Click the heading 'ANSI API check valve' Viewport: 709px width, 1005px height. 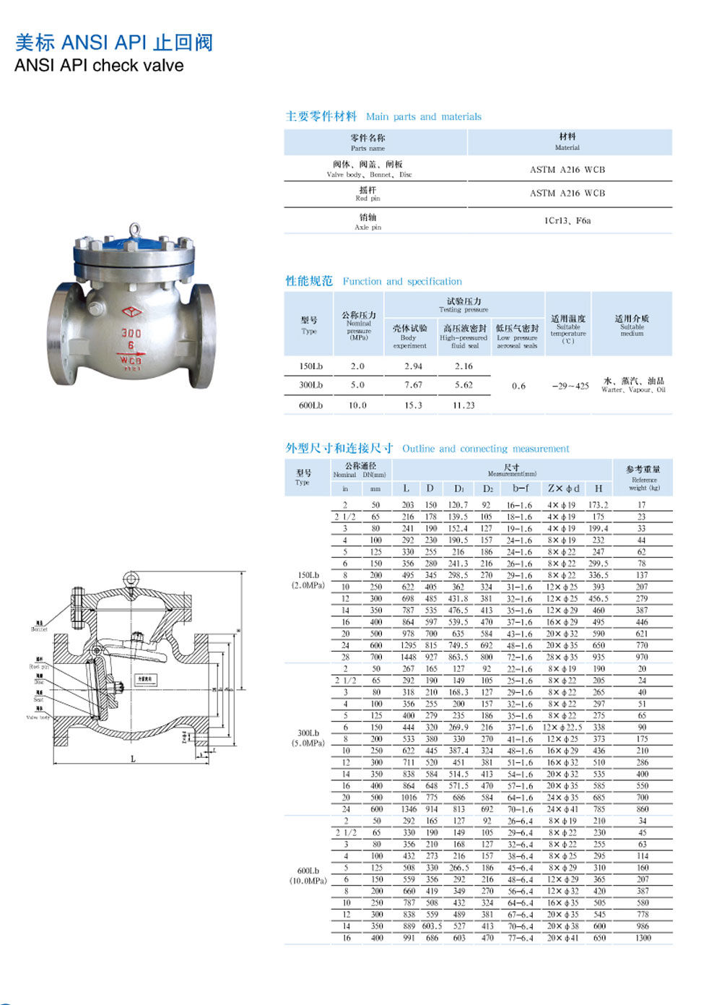point(99,66)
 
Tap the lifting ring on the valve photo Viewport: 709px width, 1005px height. point(134,230)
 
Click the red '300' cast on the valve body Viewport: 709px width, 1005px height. point(131,333)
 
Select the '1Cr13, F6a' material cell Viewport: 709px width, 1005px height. point(567,220)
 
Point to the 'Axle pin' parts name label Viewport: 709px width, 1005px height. point(367,227)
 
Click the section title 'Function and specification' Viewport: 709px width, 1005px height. point(402,281)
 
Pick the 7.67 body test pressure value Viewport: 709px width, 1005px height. point(413,385)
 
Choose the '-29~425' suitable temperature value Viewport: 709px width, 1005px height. point(570,386)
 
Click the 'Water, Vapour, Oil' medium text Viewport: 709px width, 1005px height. point(633,389)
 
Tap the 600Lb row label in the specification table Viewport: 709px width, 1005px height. point(310,405)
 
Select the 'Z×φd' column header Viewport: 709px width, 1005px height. point(563,488)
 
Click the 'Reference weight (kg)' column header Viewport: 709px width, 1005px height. point(644,483)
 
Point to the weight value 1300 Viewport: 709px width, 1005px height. point(643,938)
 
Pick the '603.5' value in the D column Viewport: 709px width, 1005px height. point(432,926)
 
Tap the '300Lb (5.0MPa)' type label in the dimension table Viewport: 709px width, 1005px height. point(308,738)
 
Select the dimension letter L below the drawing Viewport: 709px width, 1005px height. point(133,758)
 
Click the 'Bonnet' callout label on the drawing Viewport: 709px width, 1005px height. point(39,629)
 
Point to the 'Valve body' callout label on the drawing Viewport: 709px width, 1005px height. point(38,717)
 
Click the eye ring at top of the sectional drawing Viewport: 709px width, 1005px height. point(131,579)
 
